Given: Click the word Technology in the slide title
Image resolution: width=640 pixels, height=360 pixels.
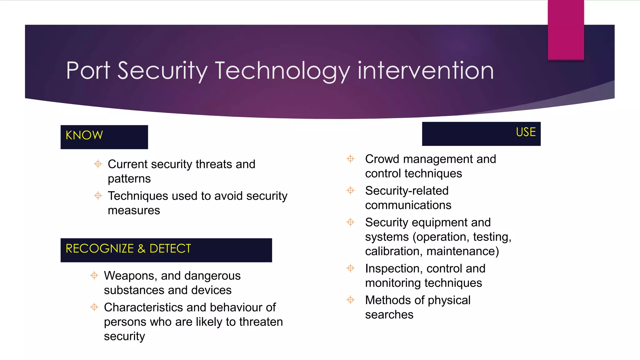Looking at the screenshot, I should (282, 71).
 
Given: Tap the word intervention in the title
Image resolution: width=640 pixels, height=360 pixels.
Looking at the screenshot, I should (426, 71).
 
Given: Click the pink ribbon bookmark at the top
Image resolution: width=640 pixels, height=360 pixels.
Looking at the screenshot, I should (566, 30).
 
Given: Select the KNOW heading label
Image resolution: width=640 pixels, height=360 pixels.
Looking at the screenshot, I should (84, 135).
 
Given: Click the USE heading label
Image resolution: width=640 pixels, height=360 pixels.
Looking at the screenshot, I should (526, 132).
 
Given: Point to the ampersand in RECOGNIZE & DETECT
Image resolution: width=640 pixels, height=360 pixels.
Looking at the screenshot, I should (142, 249).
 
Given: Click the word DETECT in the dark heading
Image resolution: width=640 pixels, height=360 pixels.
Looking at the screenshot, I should (170, 249).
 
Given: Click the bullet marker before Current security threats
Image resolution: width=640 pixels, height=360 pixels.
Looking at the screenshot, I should (98, 164).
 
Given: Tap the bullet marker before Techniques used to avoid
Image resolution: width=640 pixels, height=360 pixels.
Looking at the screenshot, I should (98, 196).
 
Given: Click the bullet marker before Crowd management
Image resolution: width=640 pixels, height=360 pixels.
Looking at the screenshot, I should (351, 159).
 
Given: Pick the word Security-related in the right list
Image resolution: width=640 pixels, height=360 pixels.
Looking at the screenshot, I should (407, 191).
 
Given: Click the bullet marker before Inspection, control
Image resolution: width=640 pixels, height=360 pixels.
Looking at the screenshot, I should (351, 268).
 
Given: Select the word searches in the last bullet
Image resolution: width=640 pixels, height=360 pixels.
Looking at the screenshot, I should (389, 315).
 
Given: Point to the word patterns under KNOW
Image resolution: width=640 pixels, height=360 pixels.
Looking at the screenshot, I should (129, 179).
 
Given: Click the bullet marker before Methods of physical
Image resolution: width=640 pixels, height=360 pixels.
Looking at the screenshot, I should (351, 300).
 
